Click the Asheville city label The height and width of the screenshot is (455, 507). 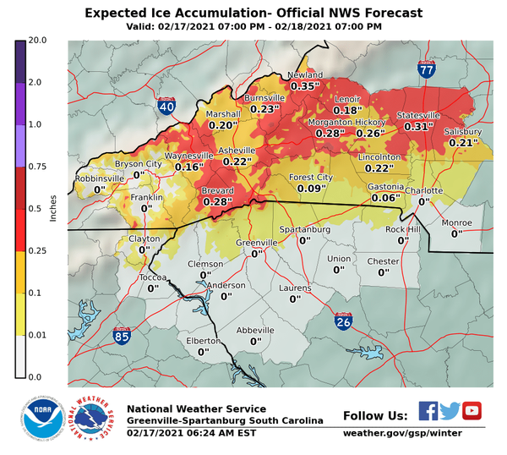237,151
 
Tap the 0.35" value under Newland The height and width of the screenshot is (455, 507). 305,86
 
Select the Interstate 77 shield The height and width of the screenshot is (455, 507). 426,72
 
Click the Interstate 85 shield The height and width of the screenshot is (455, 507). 122,337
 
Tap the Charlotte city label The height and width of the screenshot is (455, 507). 423,191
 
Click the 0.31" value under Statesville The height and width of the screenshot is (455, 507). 418,126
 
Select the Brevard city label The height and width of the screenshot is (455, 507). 218,191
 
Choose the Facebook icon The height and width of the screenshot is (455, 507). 428,411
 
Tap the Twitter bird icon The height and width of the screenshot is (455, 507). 450,411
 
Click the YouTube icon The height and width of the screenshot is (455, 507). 472,411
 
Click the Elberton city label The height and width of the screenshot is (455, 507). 203,341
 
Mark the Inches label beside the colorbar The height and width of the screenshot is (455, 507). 53,208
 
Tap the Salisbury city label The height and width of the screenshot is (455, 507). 464,132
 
